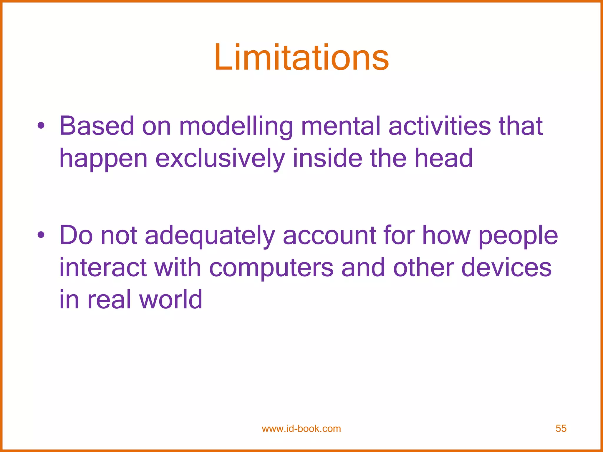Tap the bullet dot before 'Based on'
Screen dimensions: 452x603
click(x=41, y=126)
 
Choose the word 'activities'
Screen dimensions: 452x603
click(x=439, y=126)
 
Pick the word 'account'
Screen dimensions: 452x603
click(x=329, y=235)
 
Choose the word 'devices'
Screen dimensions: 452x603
click(x=506, y=267)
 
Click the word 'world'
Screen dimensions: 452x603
click(x=171, y=299)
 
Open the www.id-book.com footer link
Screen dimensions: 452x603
click(x=301, y=428)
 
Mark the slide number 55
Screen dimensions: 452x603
click(x=561, y=428)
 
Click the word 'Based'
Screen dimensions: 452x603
click(x=97, y=126)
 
